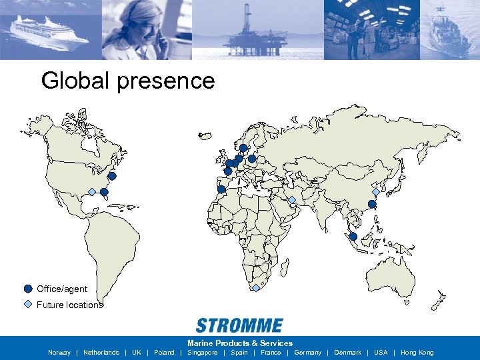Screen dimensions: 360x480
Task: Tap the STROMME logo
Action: (x=239, y=326)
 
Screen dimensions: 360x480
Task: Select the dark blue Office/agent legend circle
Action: (x=27, y=289)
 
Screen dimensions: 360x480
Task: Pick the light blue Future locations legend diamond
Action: (x=27, y=305)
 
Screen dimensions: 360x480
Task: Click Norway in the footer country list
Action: (x=59, y=353)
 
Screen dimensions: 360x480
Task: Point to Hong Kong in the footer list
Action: (x=417, y=353)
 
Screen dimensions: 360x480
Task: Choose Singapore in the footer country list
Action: (x=203, y=353)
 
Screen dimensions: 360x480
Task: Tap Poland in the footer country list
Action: (x=164, y=353)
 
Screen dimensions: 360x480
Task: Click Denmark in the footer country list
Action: (x=347, y=353)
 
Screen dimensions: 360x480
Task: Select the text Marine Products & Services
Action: (x=240, y=343)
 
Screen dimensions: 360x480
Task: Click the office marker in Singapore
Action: (x=353, y=237)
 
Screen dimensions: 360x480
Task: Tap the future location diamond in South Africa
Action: (x=256, y=288)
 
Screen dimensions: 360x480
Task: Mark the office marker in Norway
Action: (x=243, y=148)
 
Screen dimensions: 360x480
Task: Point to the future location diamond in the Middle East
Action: (x=292, y=199)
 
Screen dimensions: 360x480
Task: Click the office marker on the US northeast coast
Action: (x=112, y=176)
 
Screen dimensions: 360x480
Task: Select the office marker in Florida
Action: (x=104, y=192)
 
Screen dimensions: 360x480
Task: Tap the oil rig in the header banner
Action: (x=253, y=33)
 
